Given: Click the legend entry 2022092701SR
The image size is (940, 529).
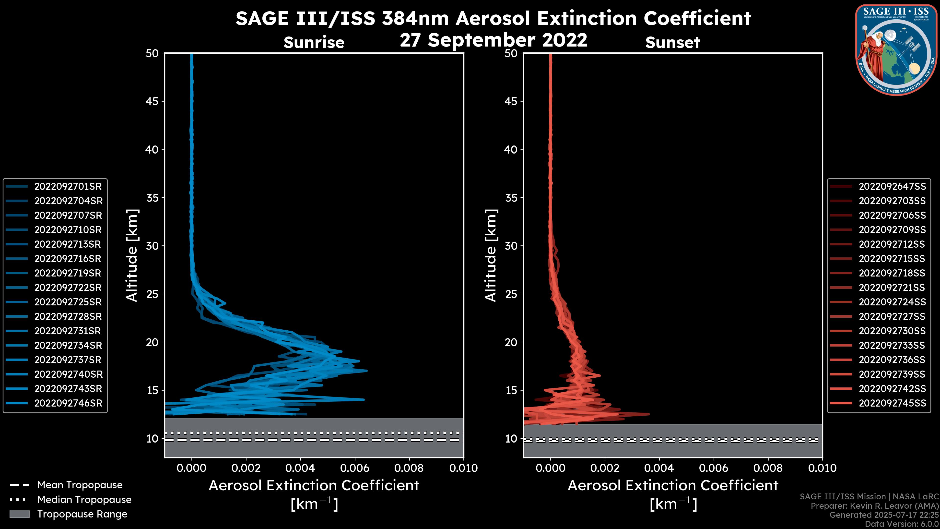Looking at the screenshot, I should [68, 187].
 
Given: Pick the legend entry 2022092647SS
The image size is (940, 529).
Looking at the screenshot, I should [892, 187].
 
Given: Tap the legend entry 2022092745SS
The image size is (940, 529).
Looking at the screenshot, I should [892, 403].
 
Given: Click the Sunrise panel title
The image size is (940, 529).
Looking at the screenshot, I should [314, 43].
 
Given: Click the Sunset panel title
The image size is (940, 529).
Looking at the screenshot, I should [672, 43].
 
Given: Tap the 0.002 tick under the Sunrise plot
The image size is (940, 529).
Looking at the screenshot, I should [246, 468].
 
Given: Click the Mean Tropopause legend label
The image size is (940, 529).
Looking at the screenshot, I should [80, 485].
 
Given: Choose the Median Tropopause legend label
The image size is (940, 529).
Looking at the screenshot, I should [84, 500].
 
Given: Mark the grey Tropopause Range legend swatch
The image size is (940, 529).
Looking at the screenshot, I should [19, 514].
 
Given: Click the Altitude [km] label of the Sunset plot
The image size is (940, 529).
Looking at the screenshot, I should [491, 255].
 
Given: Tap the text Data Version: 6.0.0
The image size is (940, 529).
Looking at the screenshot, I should [902, 525].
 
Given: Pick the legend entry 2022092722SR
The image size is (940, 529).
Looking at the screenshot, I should [68, 288].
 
